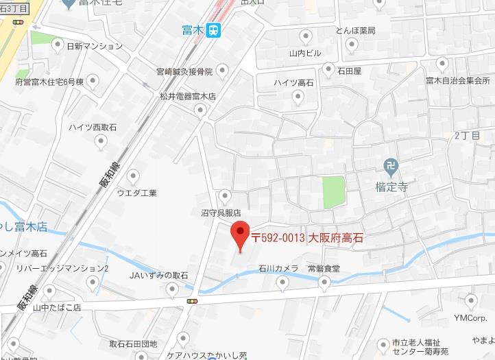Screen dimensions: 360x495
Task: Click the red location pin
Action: tap(239, 235)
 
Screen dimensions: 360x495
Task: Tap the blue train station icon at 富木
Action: tap(215, 29)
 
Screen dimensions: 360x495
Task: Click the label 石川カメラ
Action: tap(278, 268)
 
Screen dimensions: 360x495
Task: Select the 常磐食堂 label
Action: tap(324, 268)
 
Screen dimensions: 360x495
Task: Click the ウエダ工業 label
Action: tap(136, 193)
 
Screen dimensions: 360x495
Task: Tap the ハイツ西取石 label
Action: tap(93, 128)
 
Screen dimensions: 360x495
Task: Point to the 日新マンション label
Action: tap(95, 47)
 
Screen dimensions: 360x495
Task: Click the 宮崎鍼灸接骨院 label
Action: tap(184, 71)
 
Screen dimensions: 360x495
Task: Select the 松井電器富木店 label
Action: tap(188, 97)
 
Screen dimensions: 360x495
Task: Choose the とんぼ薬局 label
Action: tap(355, 30)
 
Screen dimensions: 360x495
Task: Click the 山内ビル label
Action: tap(305, 52)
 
